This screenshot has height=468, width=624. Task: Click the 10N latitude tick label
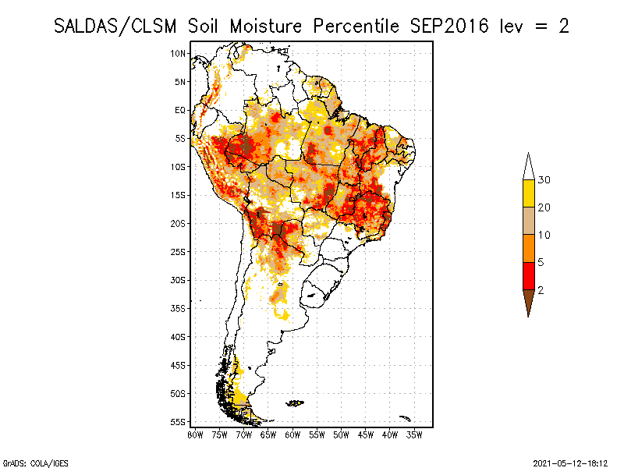[179, 53]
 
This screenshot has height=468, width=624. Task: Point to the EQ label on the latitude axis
[180, 110]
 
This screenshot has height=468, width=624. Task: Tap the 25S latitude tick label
[179, 251]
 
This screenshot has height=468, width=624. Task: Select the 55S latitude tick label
[179, 421]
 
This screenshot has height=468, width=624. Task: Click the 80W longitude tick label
[195, 434]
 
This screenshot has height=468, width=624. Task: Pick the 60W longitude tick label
[292, 434]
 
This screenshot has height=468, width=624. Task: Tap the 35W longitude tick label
[415, 434]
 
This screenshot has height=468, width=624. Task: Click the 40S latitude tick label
[179, 336]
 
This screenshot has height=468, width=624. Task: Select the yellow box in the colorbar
[529, 193]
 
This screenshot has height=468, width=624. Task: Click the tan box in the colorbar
[529, 222]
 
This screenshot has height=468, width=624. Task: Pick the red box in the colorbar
[529, 276]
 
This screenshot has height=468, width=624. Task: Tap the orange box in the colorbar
[529, 249]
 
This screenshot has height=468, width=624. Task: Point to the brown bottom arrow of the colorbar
[529, 301]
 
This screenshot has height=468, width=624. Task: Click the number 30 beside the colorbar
[544, 180]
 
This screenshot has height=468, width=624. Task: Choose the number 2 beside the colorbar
[541, 290]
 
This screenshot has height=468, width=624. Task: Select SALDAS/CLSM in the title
[118, 26]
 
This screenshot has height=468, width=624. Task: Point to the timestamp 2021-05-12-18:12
[571, 462]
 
